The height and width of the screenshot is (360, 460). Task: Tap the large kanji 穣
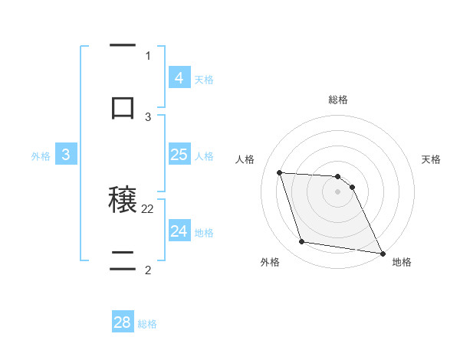click(123, 201)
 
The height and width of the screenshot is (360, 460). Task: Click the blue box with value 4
click(179, 78)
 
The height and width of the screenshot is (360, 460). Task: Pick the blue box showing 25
click(179, 155)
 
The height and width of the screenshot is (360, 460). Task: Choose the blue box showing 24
click(179, 231)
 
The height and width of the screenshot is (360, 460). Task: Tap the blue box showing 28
click(123, 322)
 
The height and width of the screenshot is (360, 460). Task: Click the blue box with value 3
click(66, 155)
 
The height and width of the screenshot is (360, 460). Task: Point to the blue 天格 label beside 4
click(204, 80)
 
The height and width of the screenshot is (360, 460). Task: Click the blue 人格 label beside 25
click(204, 156)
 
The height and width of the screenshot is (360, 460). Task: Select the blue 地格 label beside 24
click(204, 233)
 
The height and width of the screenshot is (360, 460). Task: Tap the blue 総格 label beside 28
click(147, 324)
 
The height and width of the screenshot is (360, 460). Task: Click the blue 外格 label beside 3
click(41, 156)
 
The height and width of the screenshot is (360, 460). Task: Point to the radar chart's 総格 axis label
click(338, 100)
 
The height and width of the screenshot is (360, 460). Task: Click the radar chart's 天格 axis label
click(432, 159)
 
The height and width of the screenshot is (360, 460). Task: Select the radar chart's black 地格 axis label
click(402, 263)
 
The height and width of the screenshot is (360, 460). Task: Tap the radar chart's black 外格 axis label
click(270, 263)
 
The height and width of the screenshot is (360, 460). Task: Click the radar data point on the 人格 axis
click(280, 172)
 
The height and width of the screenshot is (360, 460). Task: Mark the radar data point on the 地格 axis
click(382, 253)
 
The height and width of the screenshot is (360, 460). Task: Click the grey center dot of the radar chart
click(338, 191)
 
